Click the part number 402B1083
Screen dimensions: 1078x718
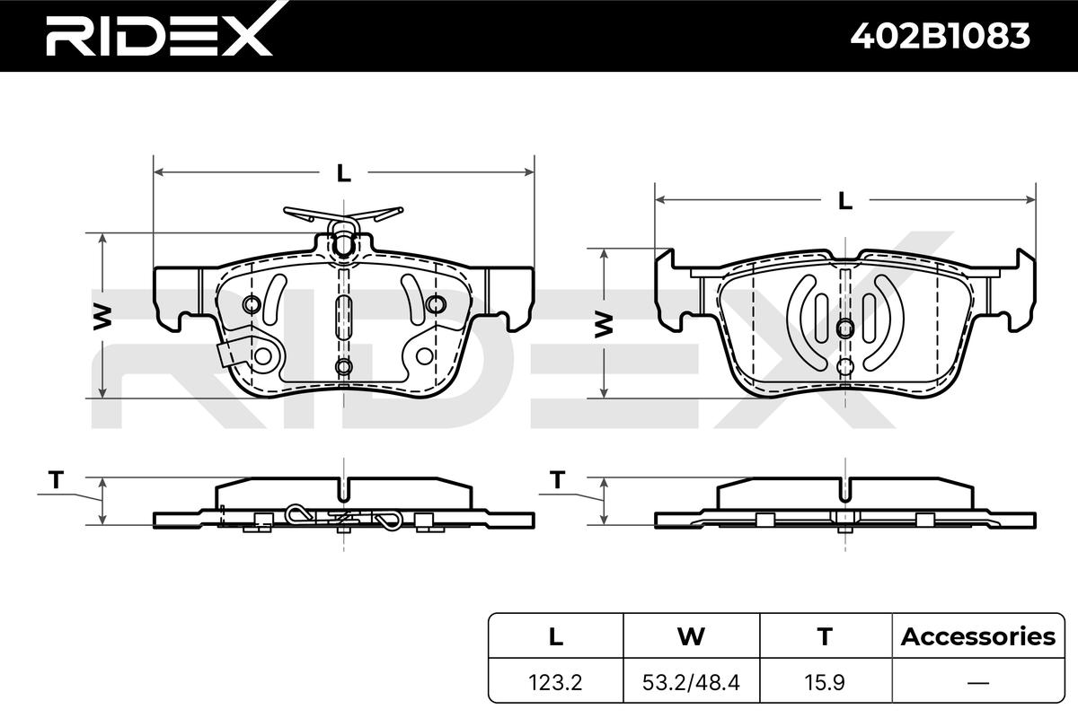pos(940,36)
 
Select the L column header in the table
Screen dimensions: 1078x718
pos(556,636)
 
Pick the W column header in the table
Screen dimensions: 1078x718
pos(691,636)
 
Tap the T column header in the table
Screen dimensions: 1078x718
pos(825,636)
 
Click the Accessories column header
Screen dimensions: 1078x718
pos(978,636)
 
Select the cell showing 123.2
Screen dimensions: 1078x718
pos(555,682)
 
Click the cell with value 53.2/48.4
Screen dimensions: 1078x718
pos(691,682)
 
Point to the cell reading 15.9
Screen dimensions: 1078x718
pos(825,682)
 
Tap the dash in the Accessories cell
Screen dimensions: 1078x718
pos(978,683)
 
